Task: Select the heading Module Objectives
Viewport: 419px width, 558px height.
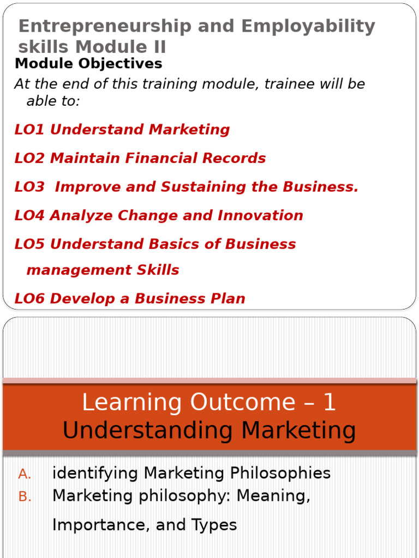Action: [x=88, y=64]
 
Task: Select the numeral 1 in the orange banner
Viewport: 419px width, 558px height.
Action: [x=329, y=403]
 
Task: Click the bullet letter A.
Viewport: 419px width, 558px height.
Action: [x=25, y=475]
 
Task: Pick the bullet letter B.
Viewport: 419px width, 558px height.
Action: [x=25, y=497]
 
